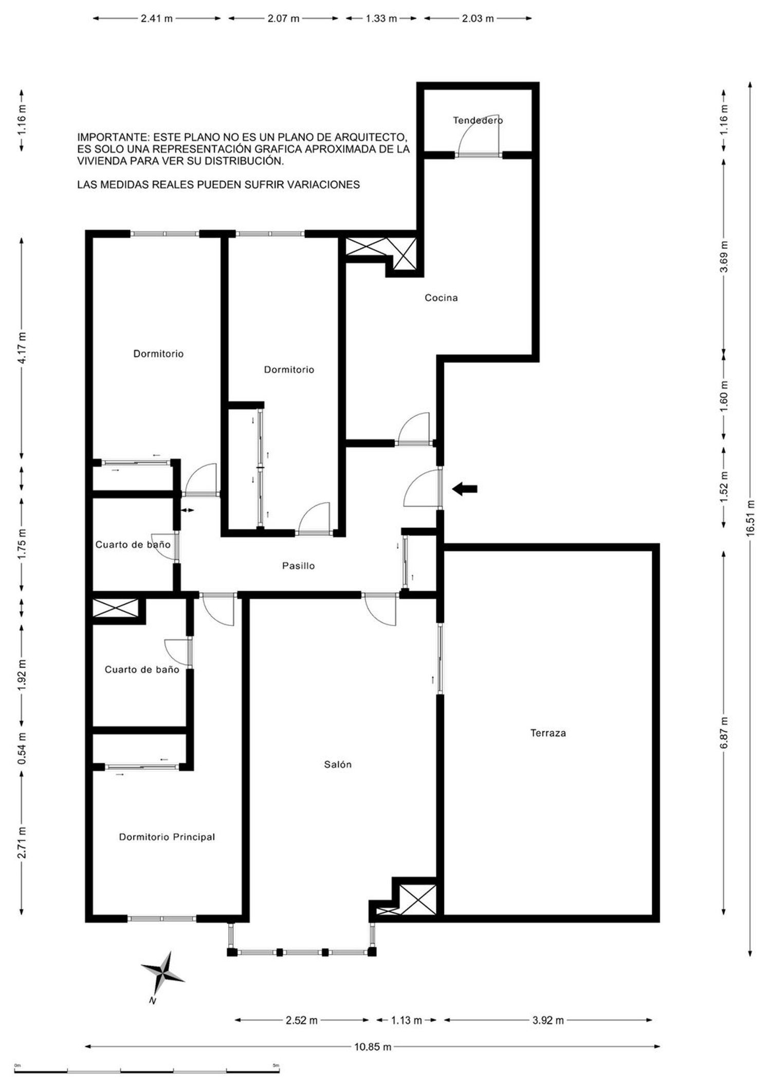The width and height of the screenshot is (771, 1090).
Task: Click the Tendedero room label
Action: [x=478, y=120]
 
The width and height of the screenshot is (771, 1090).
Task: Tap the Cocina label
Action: [x=441, y=298]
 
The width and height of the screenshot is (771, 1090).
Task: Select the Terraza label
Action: [x=548, y=733]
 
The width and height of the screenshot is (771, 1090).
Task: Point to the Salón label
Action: [x=338, y=764]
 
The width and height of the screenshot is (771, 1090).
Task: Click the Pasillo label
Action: [x=298, y=566]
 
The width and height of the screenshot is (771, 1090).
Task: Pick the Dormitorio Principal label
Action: [x=167, y=837]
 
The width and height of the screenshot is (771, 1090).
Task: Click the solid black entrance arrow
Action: [x=465, y=489]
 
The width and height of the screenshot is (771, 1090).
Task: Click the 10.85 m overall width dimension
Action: [x=373, y=1046]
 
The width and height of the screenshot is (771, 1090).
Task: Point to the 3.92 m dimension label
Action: [x=548, y=1020]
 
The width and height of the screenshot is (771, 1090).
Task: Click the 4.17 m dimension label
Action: [x=22, y=348]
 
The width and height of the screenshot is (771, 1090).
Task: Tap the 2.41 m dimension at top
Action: [x=157, y=19]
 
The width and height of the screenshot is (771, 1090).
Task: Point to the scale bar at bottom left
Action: [x=146, y=1071]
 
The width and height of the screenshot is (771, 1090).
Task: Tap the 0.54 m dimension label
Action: [x=22, y=747]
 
